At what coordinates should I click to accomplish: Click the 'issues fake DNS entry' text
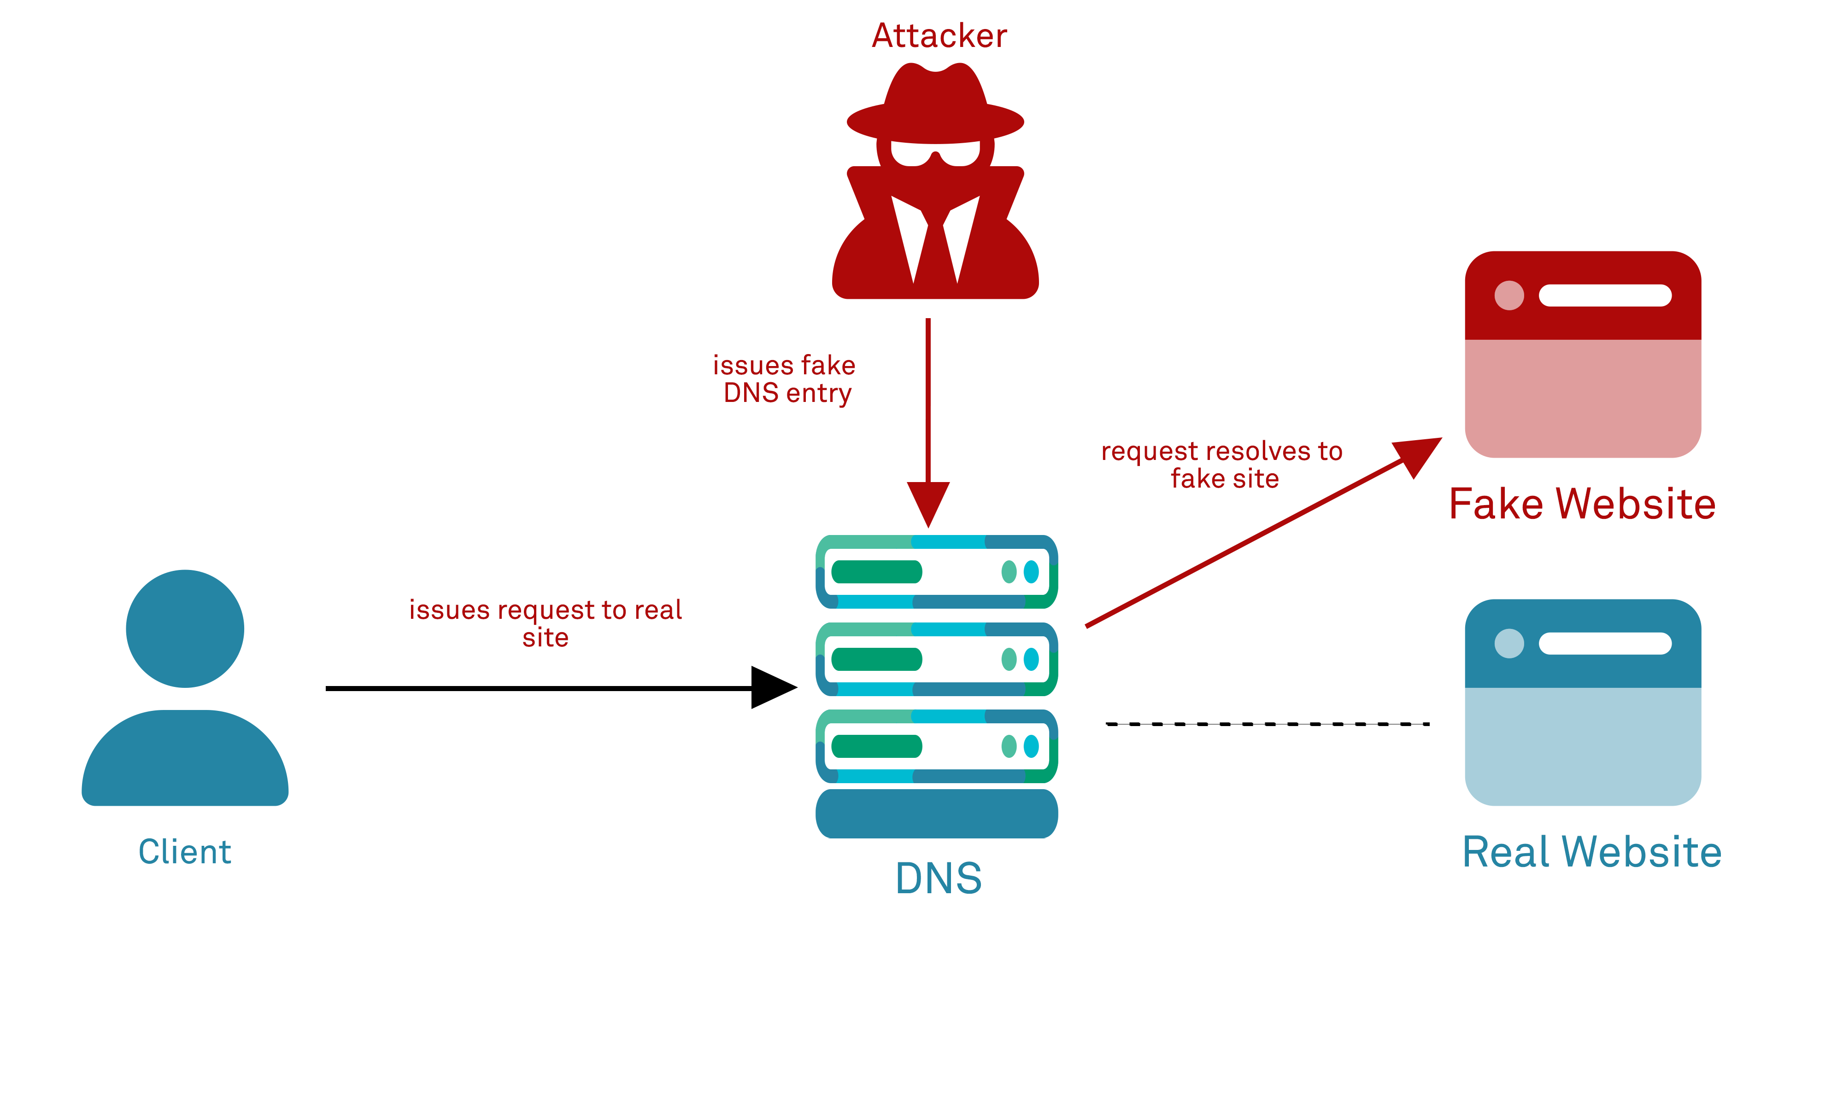(x=785, y=379)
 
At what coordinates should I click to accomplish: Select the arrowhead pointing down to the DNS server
(x=928, y=503)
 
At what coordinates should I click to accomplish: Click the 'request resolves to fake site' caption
(x=1222, y=465)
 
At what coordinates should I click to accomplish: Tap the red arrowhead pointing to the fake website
(x=1418, y=454)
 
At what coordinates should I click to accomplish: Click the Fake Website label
(x=1582, y=504)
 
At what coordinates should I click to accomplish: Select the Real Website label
(x=1592, y=852)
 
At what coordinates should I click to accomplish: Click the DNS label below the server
(x=939, y=878)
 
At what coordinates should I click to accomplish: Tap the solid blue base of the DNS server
(x=936, y=814)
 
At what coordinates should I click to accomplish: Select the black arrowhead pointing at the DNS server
(x=773, y=687)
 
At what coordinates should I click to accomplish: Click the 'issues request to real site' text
(x=546, y=623)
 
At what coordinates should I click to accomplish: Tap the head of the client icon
(x=185, y=628)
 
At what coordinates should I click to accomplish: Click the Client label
(x=185, y=852)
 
